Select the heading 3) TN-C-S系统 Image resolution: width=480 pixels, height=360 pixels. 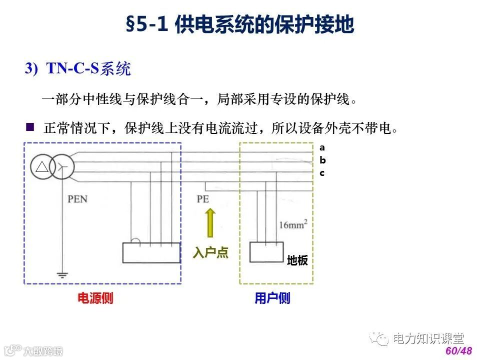[x=78, y=68]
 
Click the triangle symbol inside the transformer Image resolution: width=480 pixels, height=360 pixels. [x=42, y=166]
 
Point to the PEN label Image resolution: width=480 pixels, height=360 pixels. [x=77, y=199]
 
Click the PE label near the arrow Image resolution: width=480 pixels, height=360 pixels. [x=202, y=199]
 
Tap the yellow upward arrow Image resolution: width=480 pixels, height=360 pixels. [x=210, y=222]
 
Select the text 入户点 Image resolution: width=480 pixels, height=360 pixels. [x=210, y=253]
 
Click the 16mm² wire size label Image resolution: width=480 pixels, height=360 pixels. [x=293, y=224]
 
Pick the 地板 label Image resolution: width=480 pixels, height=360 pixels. [x=297, y=261]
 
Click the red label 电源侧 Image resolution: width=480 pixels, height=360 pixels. [x=95, y=298]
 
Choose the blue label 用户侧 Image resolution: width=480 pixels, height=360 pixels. [x=272, y=298]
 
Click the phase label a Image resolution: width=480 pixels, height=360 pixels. [x=322, y=147]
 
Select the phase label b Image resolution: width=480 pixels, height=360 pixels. [x=322, y=160]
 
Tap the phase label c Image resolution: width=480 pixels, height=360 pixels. [x=322, y=173]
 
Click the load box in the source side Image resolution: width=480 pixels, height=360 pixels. [x=151, y=252]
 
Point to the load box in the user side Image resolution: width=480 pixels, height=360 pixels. [x=266, y=253]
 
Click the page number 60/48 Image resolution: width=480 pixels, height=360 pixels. [x=458, y=351]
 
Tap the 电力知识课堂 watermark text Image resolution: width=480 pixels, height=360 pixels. [x=428, y=338]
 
